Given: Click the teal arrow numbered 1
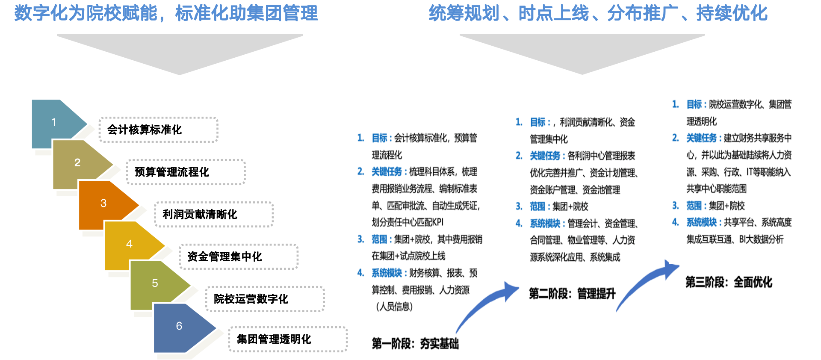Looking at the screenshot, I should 56,123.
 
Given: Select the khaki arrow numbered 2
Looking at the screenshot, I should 79,163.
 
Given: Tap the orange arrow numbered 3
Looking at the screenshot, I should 105,204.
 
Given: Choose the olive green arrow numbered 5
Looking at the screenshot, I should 157,283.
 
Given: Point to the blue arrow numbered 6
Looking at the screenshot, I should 181,327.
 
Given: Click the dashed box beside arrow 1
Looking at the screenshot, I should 159,130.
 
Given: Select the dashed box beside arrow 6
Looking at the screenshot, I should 288,339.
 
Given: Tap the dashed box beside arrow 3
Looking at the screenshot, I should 214,214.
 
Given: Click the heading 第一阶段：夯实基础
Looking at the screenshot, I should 415,343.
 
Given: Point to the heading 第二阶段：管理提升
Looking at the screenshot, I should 572,294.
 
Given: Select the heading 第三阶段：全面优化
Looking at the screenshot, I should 729,282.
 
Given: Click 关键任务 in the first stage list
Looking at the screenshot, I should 387,172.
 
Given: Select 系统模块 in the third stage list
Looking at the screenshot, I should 701,222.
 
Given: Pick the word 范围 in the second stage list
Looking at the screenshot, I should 537,207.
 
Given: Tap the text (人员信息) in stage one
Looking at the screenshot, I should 394,307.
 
